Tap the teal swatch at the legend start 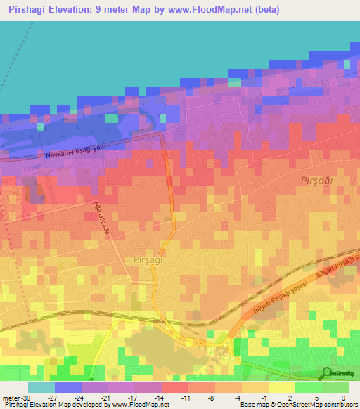tap(41, 387)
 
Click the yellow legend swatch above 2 tap(281, 387)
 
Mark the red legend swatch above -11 tap(174, 387)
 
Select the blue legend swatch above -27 tap(68, 387)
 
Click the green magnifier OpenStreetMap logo tap(326, 373)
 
